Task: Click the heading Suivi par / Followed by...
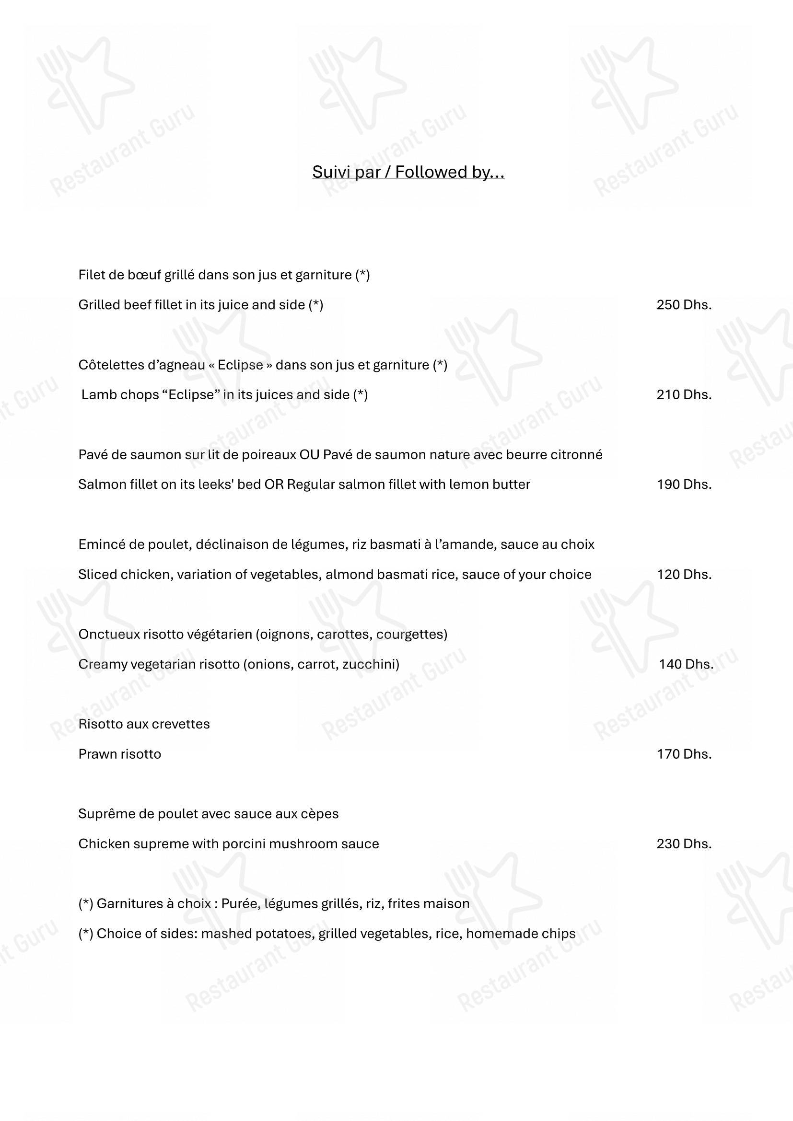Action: point(408,172)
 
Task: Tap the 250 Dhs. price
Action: point(684,305)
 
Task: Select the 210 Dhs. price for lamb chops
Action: point(684,394)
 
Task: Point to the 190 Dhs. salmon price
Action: point(684,485)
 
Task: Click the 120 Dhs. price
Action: point(684,574)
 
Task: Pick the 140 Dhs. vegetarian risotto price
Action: point(686,664)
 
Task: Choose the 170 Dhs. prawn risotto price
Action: point(684,754)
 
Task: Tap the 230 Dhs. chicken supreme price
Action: point(684,844)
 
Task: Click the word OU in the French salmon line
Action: point(309,454)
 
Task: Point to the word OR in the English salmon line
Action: point(273,485)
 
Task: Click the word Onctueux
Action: point(109,634)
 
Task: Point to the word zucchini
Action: point(370,664)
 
